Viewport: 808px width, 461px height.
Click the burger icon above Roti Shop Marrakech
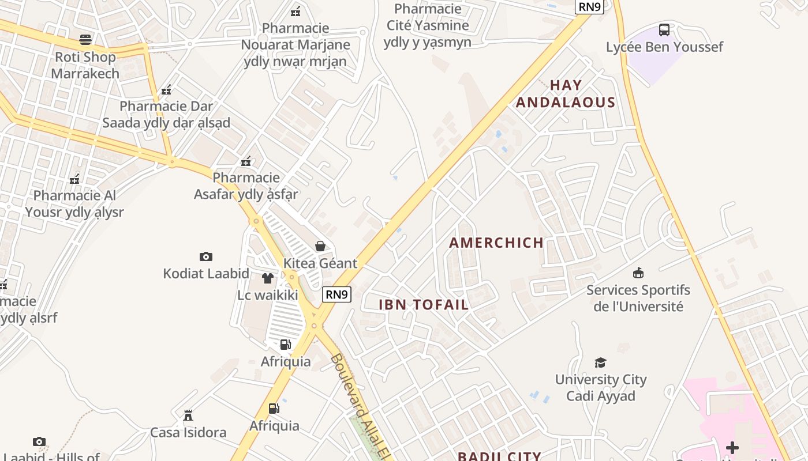pyautogui.click(x=85, y=40)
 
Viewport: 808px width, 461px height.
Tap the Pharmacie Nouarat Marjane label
pyautogui.click(x=295, y=44)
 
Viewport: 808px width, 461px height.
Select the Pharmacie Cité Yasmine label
pyautogui.click(x=427, y=25)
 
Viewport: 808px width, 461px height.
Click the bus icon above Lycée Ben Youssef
pyautogui.click(x=664, y=29)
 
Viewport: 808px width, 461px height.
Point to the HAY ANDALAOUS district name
pyautogui.click(x=566, y=94)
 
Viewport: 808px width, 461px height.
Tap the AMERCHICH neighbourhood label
pyautogui.click(x=496, y=243)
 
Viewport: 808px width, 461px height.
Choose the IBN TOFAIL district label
pyautogui.click(x=424, y=305)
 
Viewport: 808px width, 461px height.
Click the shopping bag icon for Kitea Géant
pyautogui.click(x=320, y=246)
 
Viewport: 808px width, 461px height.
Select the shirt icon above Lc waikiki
pyautogui.click(x=267, y=278)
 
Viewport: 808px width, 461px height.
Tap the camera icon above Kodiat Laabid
pyautogui.click(x=206, y=256)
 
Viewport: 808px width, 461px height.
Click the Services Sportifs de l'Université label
pyautogui.click(x=638, y=298)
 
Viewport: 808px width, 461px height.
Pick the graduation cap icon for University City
pyautogui.click(x=600, y=362)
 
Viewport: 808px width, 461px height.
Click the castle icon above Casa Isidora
pyautogui.click(x=188, y=415)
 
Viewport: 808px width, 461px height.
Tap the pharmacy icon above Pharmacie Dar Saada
pyautogui.click(x=166, y=90)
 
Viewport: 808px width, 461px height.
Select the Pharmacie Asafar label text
pyautogui.click(x=246, y=186)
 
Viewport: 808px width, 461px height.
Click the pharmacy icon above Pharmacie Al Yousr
pyautogui.click(x=74, y=179)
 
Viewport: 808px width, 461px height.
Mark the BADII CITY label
pyautogui.click(x=499, y=456)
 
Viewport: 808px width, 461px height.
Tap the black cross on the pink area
pyautogui.click(x=732, y=447)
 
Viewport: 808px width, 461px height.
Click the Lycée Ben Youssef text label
pyautogui.click(x=664, y=47)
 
